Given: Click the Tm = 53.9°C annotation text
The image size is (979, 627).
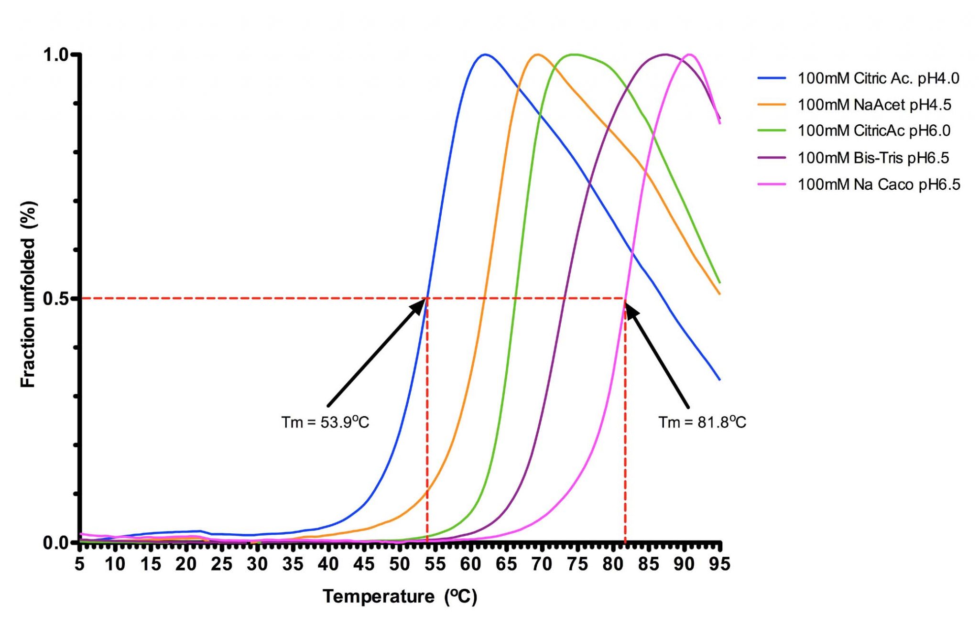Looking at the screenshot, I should [x=325, y=422].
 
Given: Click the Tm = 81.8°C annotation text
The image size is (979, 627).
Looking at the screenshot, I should [x=702, y=422].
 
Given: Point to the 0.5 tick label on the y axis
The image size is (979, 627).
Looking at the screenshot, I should [x=55, y=299].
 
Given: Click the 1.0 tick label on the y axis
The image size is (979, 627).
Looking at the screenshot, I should [x=55, y=55].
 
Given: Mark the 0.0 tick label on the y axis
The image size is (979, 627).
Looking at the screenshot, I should [x=55, y=543].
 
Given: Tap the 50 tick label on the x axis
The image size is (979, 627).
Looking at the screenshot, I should [x=399, y=564].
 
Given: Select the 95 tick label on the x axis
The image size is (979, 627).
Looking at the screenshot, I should [x=719, y=564].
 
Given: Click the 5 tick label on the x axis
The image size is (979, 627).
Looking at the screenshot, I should [x=80, y=564].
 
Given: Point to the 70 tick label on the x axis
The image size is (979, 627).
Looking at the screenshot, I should [x=542, y=564].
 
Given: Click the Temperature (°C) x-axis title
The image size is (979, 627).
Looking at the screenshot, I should [x=400, y=596].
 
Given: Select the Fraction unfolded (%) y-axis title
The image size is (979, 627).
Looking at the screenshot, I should [x=29, y=294].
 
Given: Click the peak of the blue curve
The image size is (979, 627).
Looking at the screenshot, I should [x=485, y=54].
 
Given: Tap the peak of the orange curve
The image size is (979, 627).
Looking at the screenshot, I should [x=538, y=54].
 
